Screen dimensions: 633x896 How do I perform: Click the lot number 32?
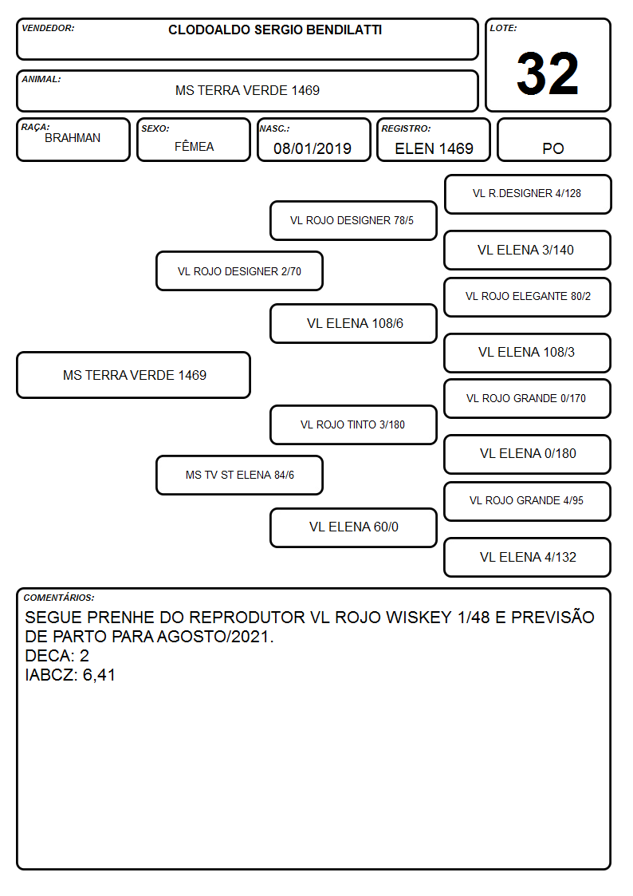(x=548, y=73)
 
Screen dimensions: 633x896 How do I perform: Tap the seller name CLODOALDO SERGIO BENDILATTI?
(x=275, y=30)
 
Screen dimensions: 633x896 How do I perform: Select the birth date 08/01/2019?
(x=313, y=148)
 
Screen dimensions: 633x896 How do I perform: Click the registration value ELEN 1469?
(x=434, y=148)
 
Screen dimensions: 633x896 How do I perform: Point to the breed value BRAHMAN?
(x=73, y=138)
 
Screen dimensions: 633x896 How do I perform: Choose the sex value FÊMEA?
(x=194, y=146)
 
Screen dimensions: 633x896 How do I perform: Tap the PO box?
(x=553, y=140)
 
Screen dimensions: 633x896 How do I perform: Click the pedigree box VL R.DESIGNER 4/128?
(x=528, y=195)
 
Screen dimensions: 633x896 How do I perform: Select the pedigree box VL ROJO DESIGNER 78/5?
(x=353, y=220)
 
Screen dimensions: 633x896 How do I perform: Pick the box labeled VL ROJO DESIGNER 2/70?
(x=239, y=271)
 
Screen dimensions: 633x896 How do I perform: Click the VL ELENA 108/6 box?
(x=353, y=323)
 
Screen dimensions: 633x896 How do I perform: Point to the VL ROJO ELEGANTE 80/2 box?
(x=528, y=297)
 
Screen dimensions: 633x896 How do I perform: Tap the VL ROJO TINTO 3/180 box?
(x=353, y=425)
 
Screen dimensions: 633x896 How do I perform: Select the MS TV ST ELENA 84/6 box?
(x=239, y=476)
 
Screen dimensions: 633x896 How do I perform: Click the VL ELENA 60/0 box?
(x=353, y=527)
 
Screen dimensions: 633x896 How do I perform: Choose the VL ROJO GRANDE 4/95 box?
(x=528, y=501)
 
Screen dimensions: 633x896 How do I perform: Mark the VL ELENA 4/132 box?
(x=528, y=557)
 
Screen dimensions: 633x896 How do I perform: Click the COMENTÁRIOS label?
(x=59, y=598)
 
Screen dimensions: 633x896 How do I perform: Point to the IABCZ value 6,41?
(x=100, y=676)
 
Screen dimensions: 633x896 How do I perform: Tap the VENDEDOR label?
(x=48, y=28)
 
